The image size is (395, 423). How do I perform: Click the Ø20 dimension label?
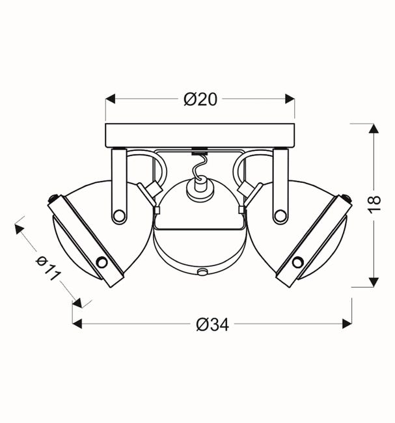[x=200, y=100]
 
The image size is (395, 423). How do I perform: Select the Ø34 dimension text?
[x=213, y=324]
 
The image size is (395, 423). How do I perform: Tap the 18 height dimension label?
[x=374, y=205]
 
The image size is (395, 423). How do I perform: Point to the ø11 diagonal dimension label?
[x=48, y=268]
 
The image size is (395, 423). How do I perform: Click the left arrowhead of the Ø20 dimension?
[x=111, y=99]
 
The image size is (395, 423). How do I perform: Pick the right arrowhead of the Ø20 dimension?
[x=290, y=99]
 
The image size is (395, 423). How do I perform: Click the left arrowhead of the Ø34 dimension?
[x=77, y=323]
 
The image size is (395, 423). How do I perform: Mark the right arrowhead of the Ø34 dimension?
[x=347, y=323]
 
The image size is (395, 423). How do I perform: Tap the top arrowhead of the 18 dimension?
[x=374, y=128]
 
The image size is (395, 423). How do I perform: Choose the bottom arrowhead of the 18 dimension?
[x=374, y=282]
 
